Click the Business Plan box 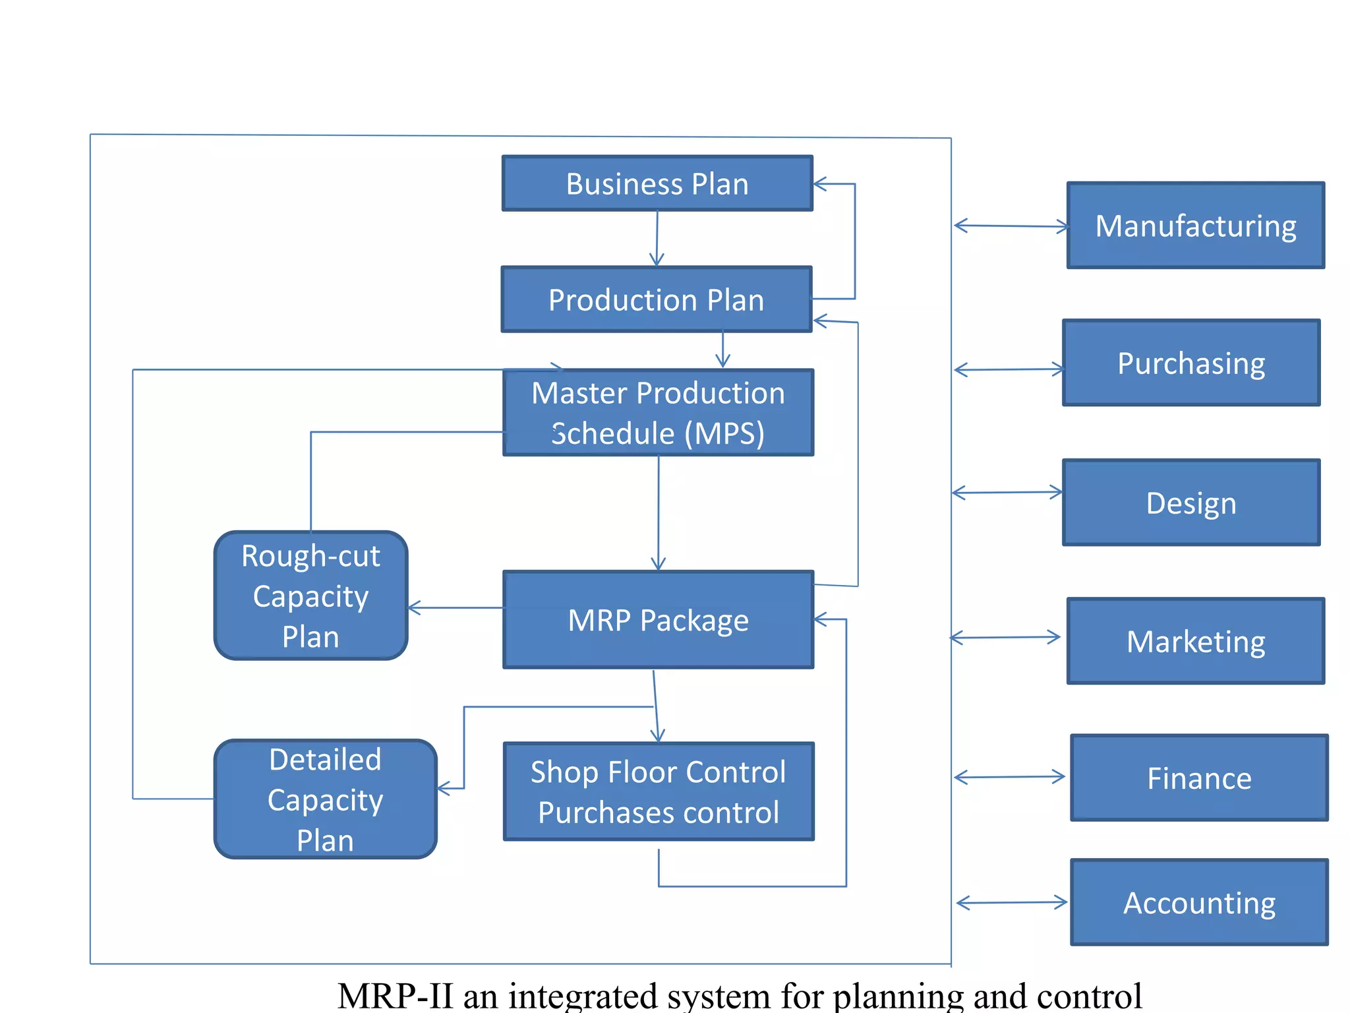657,183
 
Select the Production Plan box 656,299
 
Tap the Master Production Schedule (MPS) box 658,412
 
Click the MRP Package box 658,620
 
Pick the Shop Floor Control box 658,791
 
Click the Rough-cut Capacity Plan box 310,596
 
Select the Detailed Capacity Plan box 325,799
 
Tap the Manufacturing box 1195,226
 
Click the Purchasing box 1190,363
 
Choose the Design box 1190,503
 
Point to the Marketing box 1195,641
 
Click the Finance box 1198,778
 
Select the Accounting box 1198,902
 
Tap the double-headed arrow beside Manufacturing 1011,226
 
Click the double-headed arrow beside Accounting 1012,903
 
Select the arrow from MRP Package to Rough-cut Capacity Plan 455,607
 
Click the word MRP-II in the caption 395,996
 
